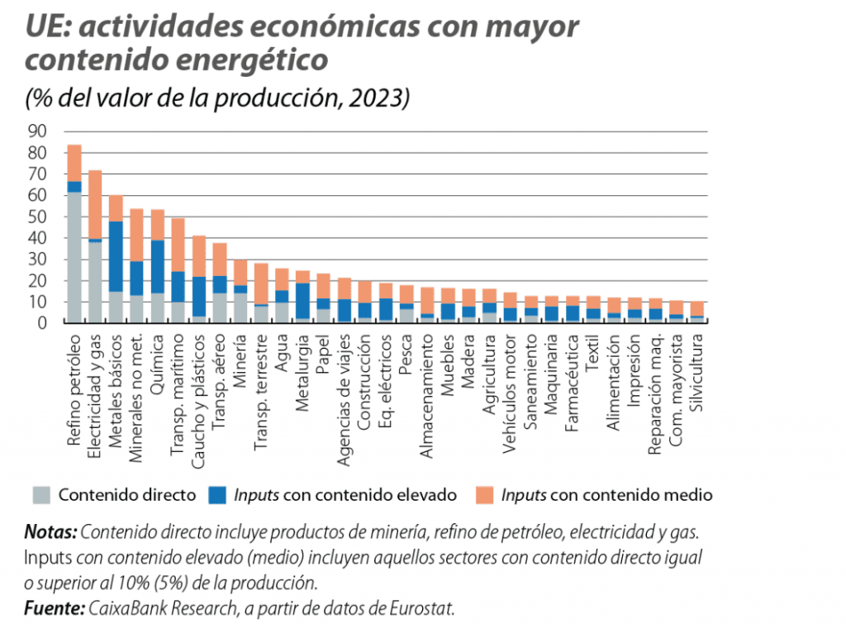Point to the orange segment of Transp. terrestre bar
(x=262, y=283)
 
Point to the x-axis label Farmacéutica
(x=572, y=381)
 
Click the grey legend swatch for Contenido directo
(x=41, y=494)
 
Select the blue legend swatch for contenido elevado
(x=217, y=494)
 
